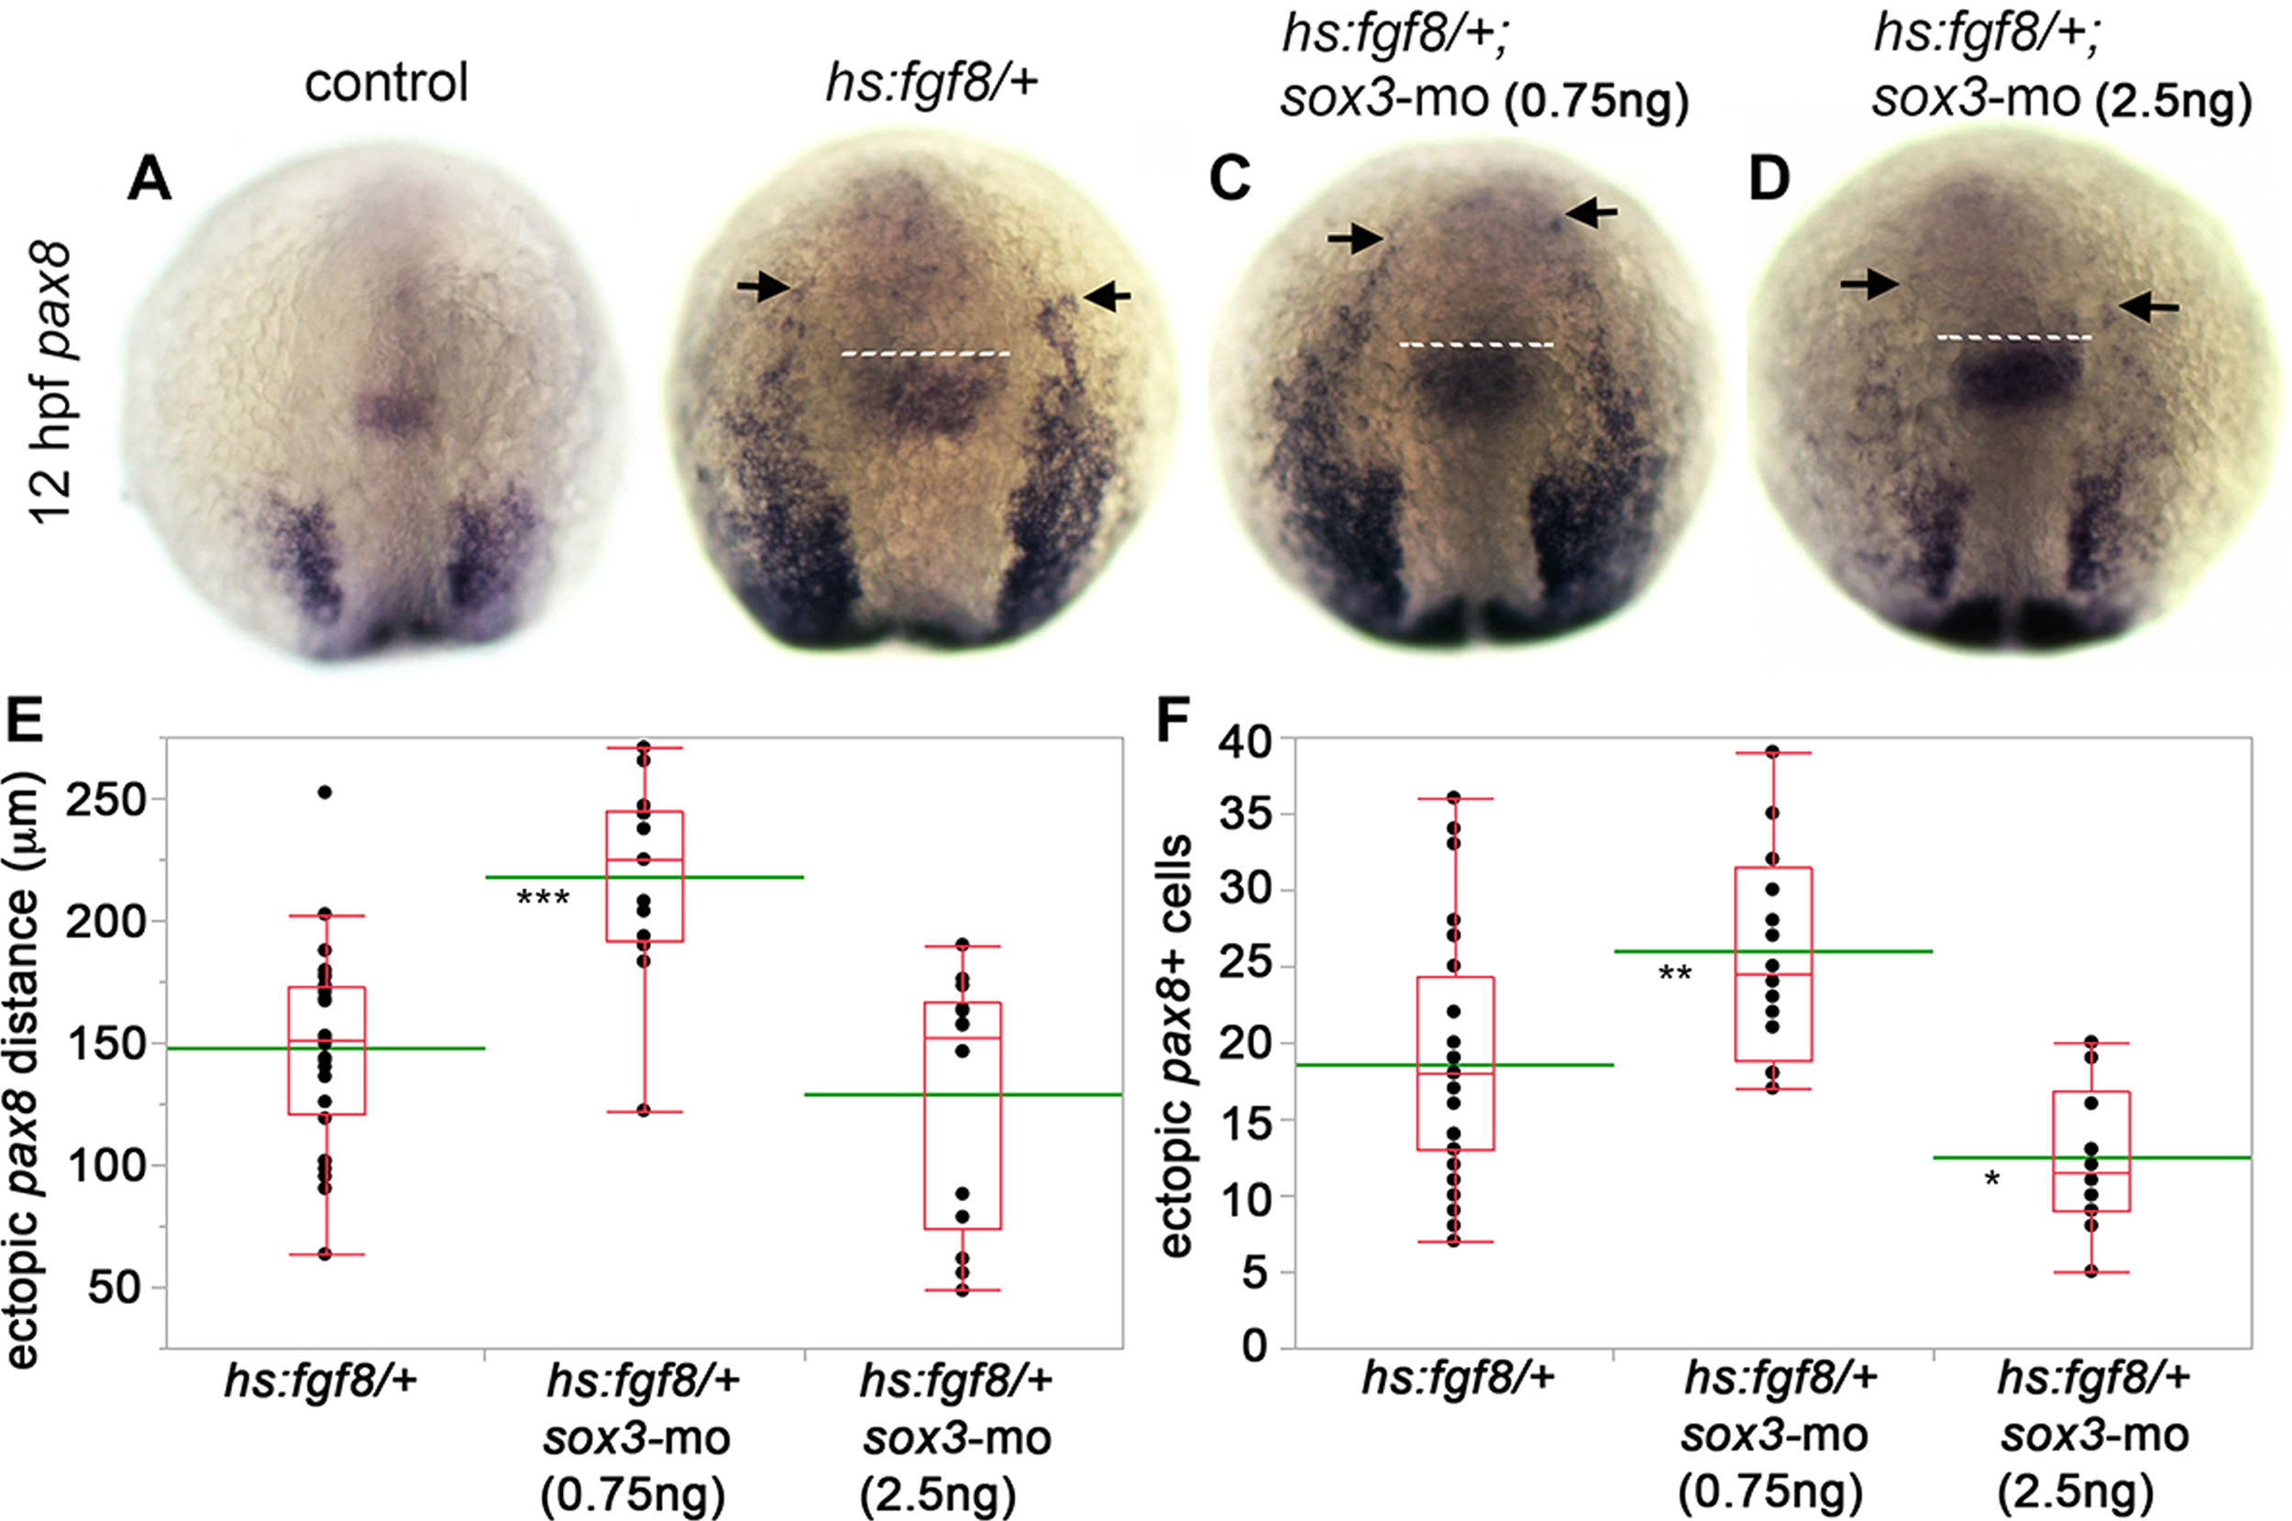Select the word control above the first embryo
[386, 82]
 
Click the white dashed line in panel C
[1476, 345]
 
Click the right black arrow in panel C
[1592, 213]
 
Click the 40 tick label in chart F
[1244, 742]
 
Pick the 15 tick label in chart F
[1244, 1121]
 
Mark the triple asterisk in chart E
[543, 898]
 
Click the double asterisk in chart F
[1675, 974]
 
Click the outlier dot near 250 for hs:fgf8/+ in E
[325, 793]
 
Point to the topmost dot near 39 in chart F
[1772, 751]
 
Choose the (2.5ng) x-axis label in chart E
[937, 1494]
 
